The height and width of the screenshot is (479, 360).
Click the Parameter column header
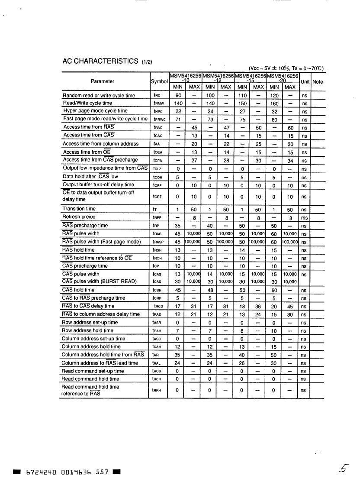[x=103, y=81]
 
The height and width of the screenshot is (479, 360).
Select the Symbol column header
[x=159, y=81]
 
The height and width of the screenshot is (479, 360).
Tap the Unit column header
[x=305, y=81]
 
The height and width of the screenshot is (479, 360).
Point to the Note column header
[x=318, y=81]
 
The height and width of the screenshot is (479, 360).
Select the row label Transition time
[x=79, y=209]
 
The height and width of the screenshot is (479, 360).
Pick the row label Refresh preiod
[x=79, y=217]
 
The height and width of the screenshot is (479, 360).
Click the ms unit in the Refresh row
[x=305, y=217]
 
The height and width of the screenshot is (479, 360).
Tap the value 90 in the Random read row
[x=178, y=95]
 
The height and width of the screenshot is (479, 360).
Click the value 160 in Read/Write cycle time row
[x=274, y=104]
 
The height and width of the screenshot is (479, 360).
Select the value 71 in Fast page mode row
[x=178, y=119]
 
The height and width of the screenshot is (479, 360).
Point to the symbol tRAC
[x=158, y=128]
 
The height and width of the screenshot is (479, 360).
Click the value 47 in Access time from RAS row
[x=226, y=128]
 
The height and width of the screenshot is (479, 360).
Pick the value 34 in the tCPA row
[x=290, y=160]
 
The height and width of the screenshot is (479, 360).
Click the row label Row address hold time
[x=88, y=330]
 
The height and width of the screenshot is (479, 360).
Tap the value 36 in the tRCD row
[x=258, y=306]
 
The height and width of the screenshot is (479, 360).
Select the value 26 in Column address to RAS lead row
[x=242, y=363]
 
